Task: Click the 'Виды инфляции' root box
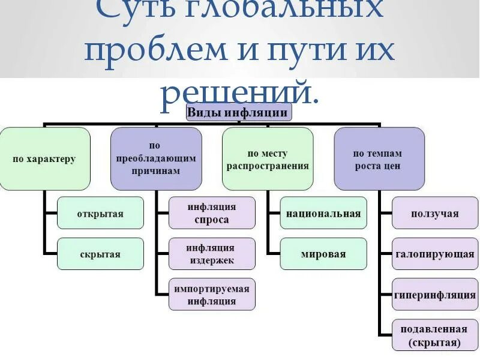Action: tap(239, 112)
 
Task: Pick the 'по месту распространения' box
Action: tap(268, 159)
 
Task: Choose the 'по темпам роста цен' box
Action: tap(379, 159)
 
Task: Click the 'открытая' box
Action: tap(100, 213)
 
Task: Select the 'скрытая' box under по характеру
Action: tap(100, 254)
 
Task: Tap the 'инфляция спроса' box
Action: tap(211, 213)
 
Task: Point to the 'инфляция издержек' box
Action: tap(211, 254)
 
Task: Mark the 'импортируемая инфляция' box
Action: tap(211, 295)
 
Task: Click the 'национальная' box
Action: tap(323, 213)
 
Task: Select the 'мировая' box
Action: tap(323, 254)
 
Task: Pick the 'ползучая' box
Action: tap(435, 213)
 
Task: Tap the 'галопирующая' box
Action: tap(435, 254)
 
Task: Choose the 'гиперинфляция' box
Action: tap(435, 295)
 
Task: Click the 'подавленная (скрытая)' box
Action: tap(435, 335)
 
